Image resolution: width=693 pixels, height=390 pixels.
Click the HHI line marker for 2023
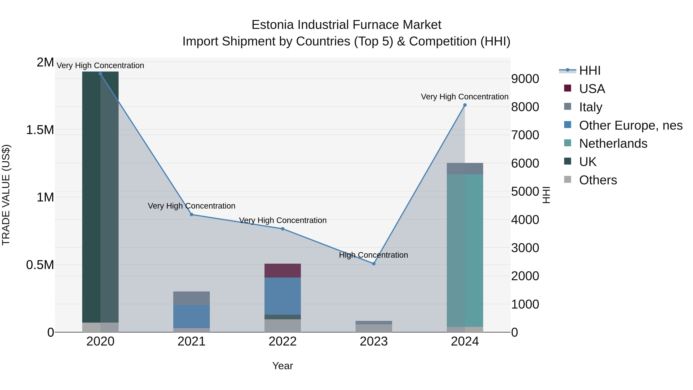click(374, 264)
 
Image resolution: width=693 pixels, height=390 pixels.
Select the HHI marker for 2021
click(192, 215)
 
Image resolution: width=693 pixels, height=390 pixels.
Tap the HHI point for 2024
click(465, 105)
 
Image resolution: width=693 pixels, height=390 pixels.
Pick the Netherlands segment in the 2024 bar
click(465, 250)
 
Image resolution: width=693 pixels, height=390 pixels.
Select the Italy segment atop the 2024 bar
click(465, 169)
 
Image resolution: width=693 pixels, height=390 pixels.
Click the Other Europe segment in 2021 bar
click(192, 316)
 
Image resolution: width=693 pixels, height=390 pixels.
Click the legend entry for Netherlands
click(613, 143)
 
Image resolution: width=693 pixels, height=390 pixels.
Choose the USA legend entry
click(592, 89)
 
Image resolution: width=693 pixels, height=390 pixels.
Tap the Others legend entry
click(598, 180)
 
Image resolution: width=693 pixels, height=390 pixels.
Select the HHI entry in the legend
click(589, 70)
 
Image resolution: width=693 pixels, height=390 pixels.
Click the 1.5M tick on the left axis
click(40, 130)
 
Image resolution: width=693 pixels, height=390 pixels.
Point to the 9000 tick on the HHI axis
click(525, 79)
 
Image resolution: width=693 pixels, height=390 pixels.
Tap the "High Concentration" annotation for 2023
click(373, 255)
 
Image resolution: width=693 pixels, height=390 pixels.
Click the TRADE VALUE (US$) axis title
click(6, 195)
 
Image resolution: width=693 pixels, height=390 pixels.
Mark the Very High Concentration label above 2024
click(465, 97)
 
